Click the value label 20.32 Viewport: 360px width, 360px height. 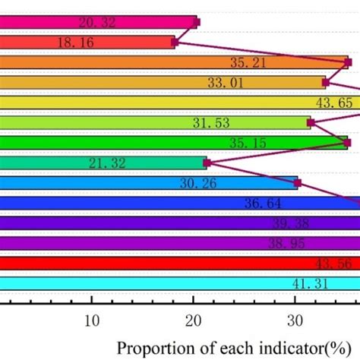coord(96,23)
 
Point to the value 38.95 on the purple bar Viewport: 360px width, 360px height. coord(286,243)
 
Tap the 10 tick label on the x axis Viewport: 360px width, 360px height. coord(92,321)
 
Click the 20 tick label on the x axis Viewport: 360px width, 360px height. coord(194,321)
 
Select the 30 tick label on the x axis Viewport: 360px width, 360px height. coord(295,321)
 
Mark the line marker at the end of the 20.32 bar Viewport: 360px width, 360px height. coord(197,23)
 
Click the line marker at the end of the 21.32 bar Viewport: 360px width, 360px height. coord(206,162)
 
